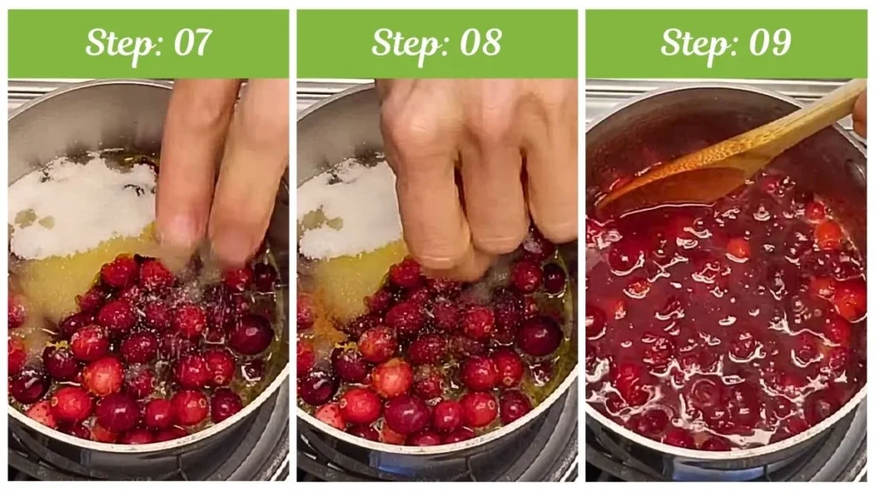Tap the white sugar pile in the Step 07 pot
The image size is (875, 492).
click(81, 205)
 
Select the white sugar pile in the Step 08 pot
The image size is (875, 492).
click(350, 209)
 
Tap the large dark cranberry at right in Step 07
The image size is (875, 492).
click(250, 335)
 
